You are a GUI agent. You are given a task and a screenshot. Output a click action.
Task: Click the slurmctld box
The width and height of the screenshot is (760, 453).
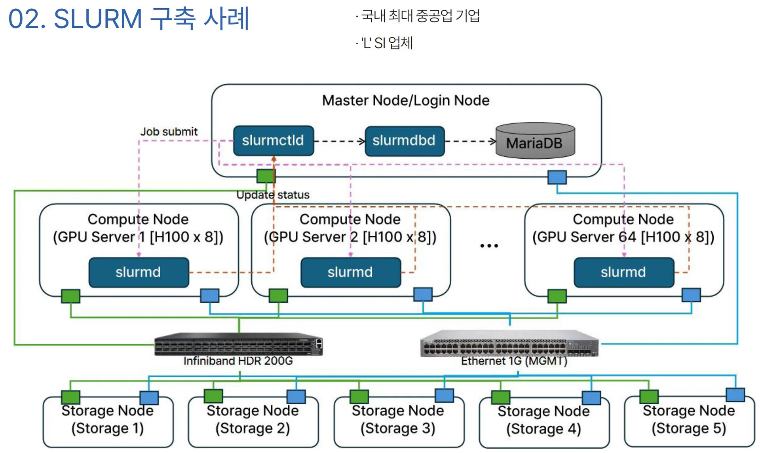pos(273,140)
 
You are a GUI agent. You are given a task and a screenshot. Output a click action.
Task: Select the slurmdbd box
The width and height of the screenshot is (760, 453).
pos(404,141)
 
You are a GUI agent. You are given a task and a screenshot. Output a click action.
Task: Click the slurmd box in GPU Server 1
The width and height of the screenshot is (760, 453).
pos(139,272)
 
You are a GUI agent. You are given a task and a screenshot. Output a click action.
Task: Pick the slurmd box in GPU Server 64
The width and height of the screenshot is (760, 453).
pos(623,272)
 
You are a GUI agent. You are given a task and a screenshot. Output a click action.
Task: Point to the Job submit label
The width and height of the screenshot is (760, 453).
pos(169,132)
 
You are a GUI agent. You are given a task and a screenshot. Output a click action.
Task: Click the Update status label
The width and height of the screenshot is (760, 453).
pos(273,195)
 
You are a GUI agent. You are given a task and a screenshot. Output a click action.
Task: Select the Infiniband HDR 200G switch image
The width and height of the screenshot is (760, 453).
pos(238,344)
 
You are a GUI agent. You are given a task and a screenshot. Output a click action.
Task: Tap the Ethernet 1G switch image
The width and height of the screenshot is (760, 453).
pos(509,343)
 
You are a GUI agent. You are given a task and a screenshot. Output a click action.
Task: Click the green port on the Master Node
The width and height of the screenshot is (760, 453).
pos(266,176)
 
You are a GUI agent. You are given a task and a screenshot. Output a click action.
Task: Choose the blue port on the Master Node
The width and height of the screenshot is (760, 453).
pos(557,177)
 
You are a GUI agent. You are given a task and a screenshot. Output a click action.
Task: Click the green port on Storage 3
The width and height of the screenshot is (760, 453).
pos(359,396)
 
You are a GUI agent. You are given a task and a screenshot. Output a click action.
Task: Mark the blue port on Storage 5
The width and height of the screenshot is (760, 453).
pos(735,394)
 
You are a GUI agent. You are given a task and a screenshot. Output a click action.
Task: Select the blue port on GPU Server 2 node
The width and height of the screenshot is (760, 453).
pos(423,294)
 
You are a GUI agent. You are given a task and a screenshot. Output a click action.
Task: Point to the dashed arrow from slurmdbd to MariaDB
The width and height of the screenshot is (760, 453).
pos(470,141)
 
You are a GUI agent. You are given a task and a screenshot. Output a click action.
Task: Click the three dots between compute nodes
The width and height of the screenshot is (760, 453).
pos(489,246)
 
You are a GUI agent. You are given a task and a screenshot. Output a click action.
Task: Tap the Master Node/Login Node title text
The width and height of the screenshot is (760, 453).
pos(406,100)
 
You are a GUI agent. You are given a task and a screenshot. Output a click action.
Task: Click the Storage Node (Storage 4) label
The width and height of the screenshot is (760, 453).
pos(543,420)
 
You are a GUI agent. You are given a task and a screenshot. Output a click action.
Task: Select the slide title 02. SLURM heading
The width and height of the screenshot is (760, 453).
pos(129,19)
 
